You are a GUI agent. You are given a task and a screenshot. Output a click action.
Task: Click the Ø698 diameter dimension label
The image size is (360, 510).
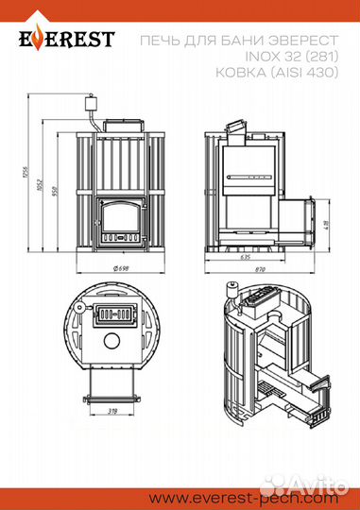120,270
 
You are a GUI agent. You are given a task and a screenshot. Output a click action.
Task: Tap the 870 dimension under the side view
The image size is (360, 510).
258,271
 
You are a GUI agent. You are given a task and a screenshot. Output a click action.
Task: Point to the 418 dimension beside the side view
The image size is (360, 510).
325,225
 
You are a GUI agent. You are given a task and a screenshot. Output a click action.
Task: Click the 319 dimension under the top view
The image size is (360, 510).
112,412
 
